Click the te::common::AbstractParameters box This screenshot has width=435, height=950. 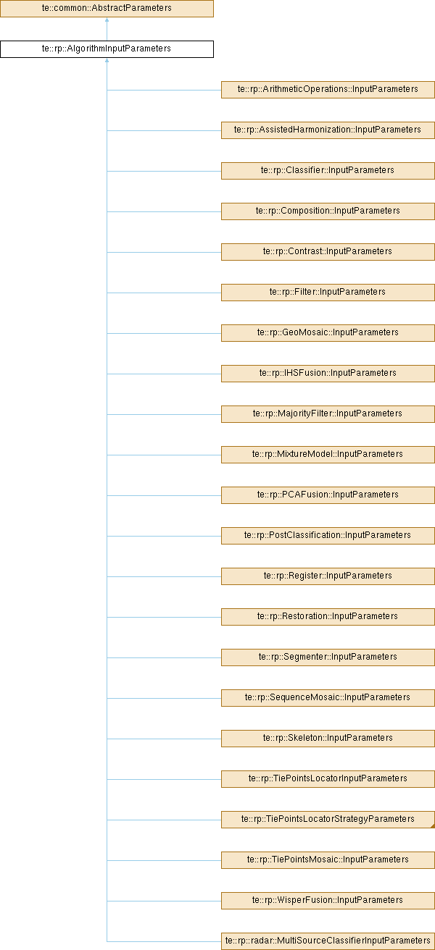point(107,9)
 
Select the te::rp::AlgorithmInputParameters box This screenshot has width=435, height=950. point(107,49)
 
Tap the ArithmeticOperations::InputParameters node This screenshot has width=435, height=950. point(328,89)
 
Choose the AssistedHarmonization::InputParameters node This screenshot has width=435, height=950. point(328,130)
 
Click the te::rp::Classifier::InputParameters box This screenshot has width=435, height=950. point(328,170)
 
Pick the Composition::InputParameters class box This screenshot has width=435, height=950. point(328,211)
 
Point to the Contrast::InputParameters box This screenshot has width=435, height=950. point(328,251)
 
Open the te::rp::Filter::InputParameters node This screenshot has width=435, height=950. point(328,292)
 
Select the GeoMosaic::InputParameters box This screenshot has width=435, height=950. point(328,332)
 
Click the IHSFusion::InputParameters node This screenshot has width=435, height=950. point(328,373)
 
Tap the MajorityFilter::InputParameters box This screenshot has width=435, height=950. point(328,413)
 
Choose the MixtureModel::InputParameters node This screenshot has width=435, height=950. point(328,454)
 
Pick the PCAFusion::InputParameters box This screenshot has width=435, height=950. point(328,495)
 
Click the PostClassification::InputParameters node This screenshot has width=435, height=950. point(328,535)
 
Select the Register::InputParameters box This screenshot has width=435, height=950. point(328,576)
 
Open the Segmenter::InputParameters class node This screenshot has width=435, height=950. point(328,657)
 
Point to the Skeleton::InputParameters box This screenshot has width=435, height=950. point(328,738)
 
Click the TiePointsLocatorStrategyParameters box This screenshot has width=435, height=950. point(328,819)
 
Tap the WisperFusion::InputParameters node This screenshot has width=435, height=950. point(328,900)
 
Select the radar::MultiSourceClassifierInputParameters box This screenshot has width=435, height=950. point(328,941)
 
